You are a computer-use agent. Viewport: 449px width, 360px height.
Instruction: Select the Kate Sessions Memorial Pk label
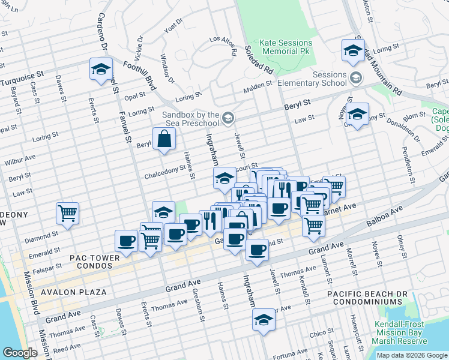tap(286, 47)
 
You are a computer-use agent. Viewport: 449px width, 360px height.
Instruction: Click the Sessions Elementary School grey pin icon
tap(356, 79)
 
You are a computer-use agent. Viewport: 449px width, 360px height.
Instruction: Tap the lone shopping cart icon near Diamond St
tap(68, 212)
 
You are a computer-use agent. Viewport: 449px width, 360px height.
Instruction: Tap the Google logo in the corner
tap(20, 353)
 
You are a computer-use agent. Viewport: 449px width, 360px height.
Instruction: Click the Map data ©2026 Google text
tap(412, 355)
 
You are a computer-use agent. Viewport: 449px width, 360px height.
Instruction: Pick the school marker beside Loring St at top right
tap(353, 49)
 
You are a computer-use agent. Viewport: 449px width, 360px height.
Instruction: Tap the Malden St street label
tap(258, 90)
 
